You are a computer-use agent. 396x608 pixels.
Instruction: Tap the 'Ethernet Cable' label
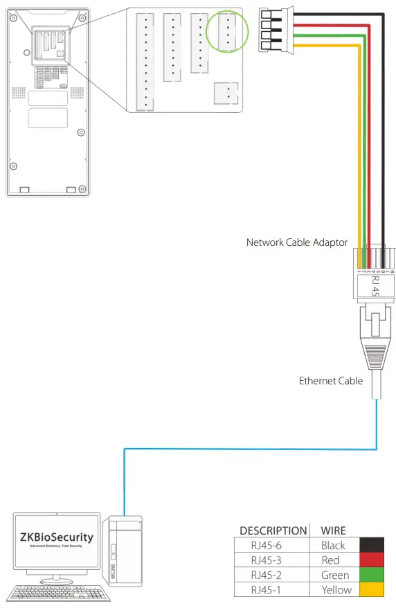click(330, 380)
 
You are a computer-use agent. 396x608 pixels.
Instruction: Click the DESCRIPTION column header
click(273, 530)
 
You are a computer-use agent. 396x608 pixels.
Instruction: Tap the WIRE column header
click(333, 530)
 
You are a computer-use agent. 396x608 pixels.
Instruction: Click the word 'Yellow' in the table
click(336, 590)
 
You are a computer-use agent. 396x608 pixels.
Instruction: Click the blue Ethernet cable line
click(249, 449)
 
